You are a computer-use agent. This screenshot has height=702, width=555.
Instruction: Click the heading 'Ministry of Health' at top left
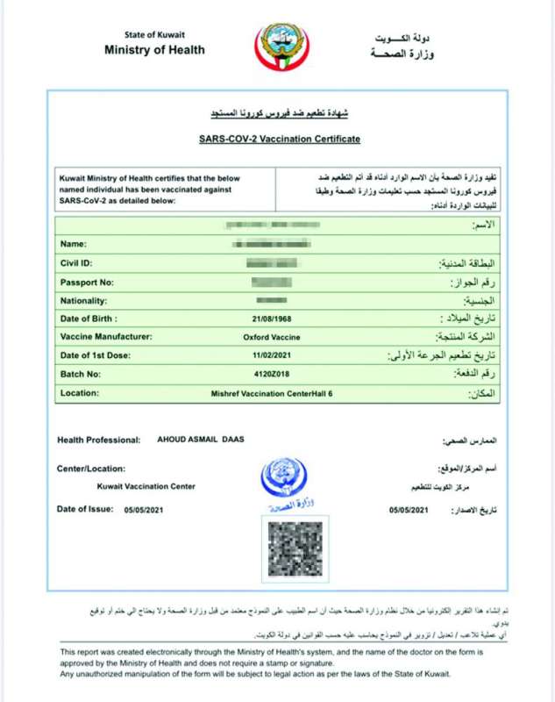(x=154, y=50)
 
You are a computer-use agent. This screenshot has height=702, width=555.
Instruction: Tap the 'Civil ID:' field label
(x=76, y=262)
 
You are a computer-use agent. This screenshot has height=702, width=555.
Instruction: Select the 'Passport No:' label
(x=86, y=282)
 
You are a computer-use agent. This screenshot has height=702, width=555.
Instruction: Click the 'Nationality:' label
(x=83, y=300)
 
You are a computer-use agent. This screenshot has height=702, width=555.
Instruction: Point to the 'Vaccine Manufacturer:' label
(x=106, y=337)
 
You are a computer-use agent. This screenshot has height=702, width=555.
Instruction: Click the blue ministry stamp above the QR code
(x=283, y=482)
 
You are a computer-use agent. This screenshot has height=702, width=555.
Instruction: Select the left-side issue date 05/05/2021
(x=142, y=509)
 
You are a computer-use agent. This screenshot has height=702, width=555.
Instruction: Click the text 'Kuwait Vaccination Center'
(x=146, y=486)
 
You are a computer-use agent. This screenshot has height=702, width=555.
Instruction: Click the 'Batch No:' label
(x=80, y=375)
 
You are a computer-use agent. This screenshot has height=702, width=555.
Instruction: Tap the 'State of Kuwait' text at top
(x=155, y=35)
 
